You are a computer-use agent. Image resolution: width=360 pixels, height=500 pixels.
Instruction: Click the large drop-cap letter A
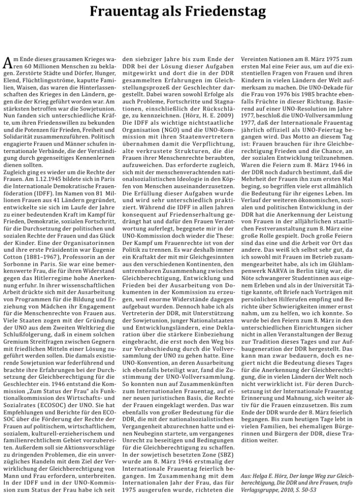tap(7, 62)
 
